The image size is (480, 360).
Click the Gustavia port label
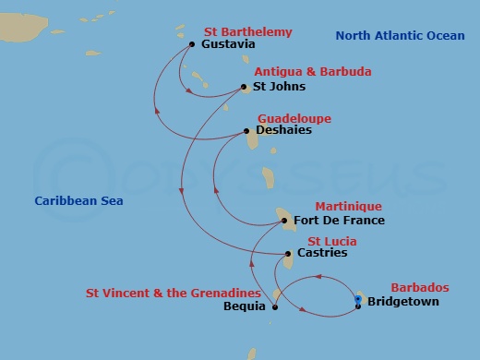click(226, 44)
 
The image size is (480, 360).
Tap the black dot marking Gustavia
click(191, 43)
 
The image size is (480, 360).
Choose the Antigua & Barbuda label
click(300, 72)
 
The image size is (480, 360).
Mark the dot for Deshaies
click(246, 131)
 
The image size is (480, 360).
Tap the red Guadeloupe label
click(294, 118)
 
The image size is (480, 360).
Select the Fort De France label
click(339, 221)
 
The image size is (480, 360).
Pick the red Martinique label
click(348, 206)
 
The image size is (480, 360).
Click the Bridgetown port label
click(403, 302)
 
